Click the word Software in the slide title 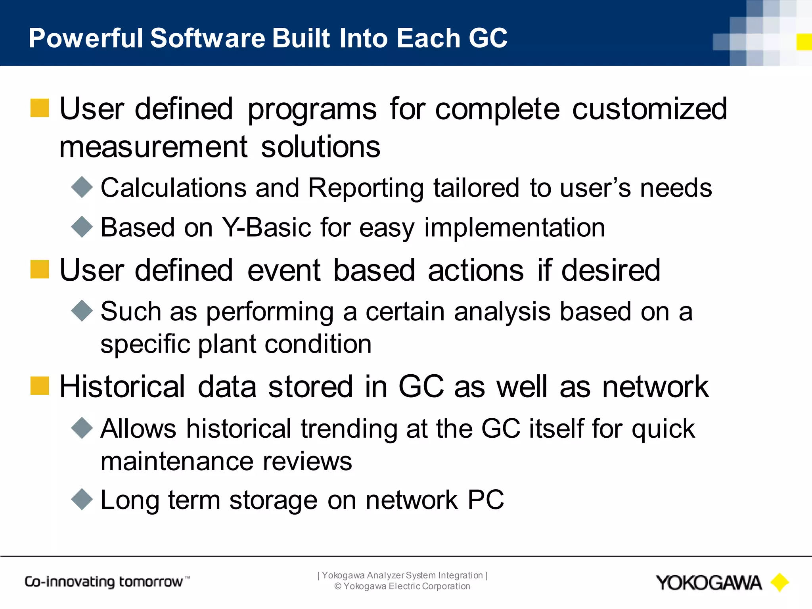(208, 38)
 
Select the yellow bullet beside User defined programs (40, 108)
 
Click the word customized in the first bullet (649, 109)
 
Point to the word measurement (153, 147)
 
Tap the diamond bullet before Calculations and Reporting (82, 187)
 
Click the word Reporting (366, 188)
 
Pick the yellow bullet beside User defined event (40, 270)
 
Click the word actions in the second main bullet (476, 271)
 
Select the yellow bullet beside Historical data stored (40, 386)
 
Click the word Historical (122, 387)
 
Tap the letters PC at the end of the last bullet (485, 500)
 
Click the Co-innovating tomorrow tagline (107, 582)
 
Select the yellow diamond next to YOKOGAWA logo (779, 582)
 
